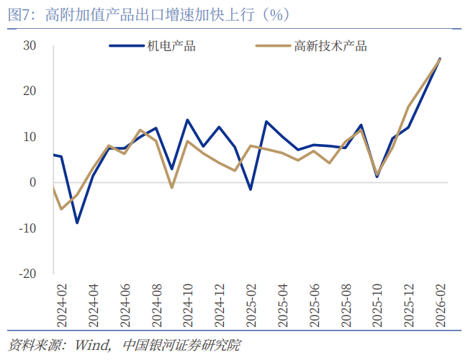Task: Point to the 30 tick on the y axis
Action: tap(30, 45)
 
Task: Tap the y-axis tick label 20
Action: tap(30, 91)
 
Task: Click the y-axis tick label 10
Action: tap(30, 137)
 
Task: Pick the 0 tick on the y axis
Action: tap(32, 182)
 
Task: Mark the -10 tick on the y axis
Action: tap(27, 228)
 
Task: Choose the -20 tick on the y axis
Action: tap(27, 274)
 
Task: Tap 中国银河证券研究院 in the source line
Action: tap(181, 345)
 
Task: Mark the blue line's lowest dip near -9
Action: tap(77, 222)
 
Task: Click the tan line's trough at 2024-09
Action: tap(172, 188)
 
